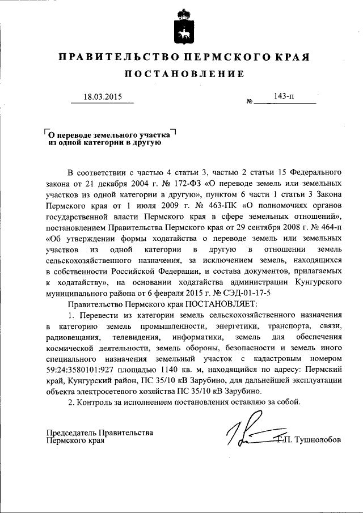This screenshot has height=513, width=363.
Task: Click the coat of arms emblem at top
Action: click(x=181, y=25)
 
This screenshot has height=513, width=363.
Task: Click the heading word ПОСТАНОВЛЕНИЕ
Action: click(x=184, y=74)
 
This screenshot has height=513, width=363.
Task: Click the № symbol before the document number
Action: click(x=250, y=101)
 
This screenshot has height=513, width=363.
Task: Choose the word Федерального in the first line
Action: click(x=314, y=171)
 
